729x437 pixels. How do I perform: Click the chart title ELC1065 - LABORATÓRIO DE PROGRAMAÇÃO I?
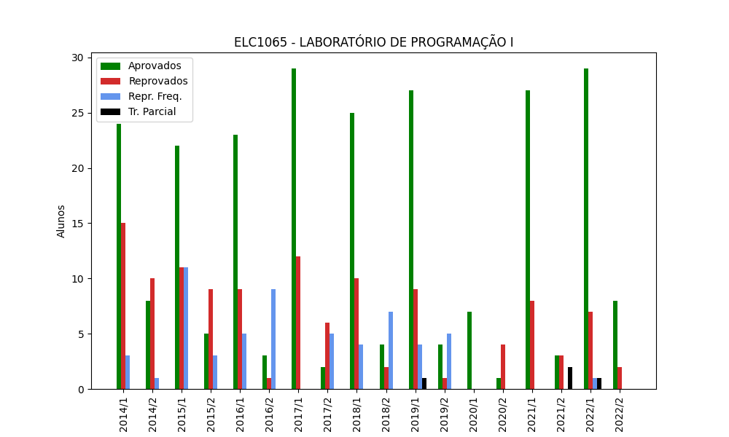pyautogui.click(x=373, y=42)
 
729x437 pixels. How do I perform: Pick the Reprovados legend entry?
pyautogui.click(x=157, y=82)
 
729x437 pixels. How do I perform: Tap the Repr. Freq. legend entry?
pyautogui.click(x=155, y=97)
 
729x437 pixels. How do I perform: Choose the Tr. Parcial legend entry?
pyautogui.click(x=152, y=112)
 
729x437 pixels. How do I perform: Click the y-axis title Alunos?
pyautogui.click(x=61, y=221)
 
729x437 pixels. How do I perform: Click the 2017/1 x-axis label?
pyautogui.click(x=299, y=412)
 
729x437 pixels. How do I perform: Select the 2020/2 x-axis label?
pyautogui.click(x=503, y=412)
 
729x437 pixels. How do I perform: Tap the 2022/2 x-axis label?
pyautogui.click(x=620, y=412)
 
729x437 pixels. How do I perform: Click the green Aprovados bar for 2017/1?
pyautogui.click(x=294, y=229)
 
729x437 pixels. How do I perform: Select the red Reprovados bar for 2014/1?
pyautogui.click(x=123, y=306)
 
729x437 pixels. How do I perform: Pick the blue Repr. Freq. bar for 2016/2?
pyautogui.click(x=273, y=339)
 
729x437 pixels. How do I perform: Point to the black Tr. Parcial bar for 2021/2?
pyautogui.click(x=570, y=378)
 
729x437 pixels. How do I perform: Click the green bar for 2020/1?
pyautogui.click(x=469, y=350)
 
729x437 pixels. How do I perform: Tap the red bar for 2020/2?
pyautogui.click(x=503, y=367)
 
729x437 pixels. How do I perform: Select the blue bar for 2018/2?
pyautogui.click(x=391, y=350)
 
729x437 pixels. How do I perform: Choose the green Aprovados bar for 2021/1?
pyautogui.click(x=528, y=240)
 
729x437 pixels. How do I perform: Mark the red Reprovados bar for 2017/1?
pyautogui.click(x=298, y=323)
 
